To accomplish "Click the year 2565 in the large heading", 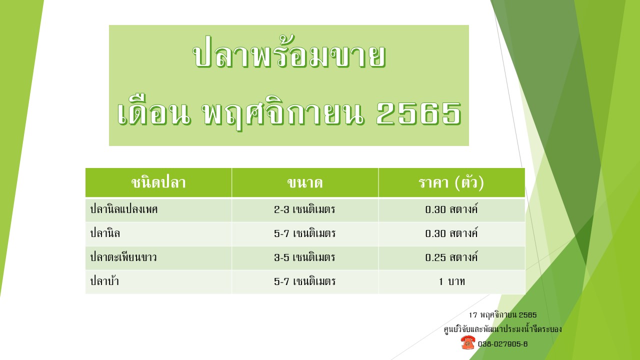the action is [x=419, y=113].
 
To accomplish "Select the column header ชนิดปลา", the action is [x=158, y=182].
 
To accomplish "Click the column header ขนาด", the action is [x=305, y=182].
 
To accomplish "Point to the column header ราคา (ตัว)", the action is [x=451, y=182].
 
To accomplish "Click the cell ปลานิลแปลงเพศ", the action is [x=124, y=209].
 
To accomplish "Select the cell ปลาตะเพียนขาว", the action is [x=123, y=257].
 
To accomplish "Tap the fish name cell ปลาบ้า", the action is [x=104, y=281].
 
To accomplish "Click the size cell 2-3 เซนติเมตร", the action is [x=304, y=209].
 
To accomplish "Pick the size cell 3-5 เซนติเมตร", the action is [x=304, y=257].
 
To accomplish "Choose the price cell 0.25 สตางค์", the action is [x=451, y=257].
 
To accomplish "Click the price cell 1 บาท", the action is [x=451, y=281].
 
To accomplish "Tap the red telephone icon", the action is [x=467, y=342].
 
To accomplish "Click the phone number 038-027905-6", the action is [x=502, y=343].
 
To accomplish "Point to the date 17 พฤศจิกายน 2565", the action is [x=502, y=315].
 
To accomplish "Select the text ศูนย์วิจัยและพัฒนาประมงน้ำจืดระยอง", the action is [x=502, y=329].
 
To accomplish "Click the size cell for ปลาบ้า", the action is [x=304, y=281].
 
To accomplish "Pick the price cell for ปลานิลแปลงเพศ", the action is [x=451, y=209].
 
